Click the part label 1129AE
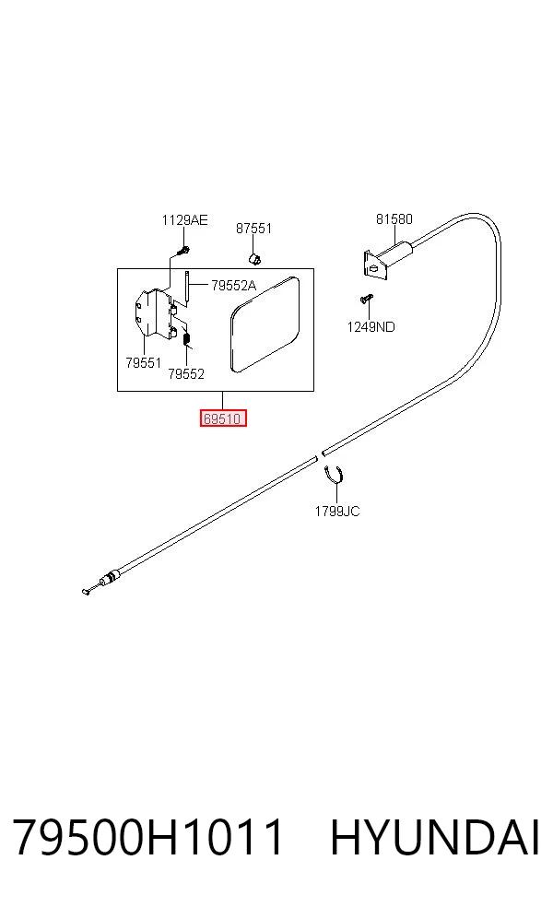[184, 220]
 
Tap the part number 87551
[253, 229]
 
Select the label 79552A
[234, 285]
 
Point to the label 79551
[144, 362]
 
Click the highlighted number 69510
[223, 418]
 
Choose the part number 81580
[394, 219]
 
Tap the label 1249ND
[371, 327]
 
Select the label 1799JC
[337, 512]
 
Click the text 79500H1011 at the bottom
[148, 836]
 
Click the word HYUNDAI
[435, 837]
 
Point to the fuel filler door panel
[265, 324]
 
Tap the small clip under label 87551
[254, 257]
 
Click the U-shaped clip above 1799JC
[334, 474]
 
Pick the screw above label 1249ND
[366, 299]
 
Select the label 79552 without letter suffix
[186, 374]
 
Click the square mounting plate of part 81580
[373, 265]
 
